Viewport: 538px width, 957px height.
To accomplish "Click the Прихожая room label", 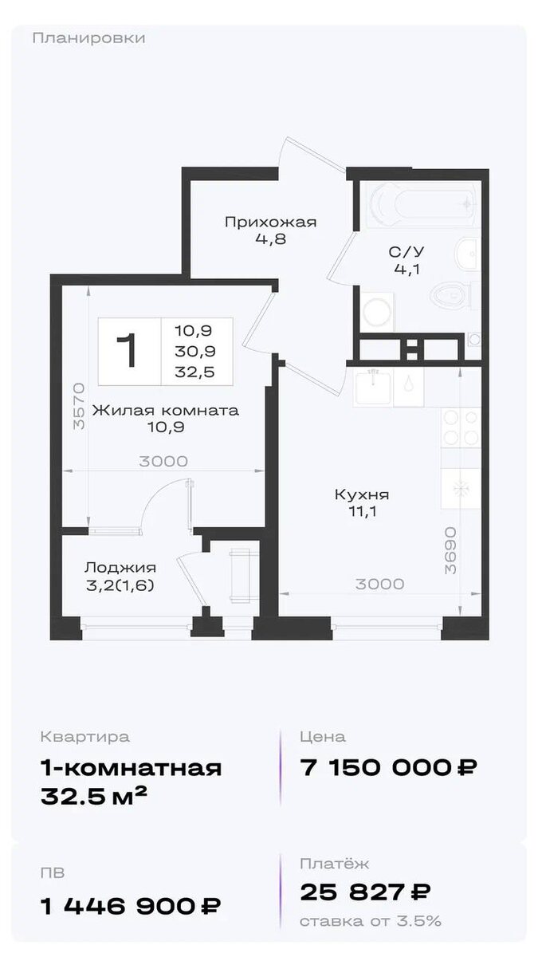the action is [x=271, y=223].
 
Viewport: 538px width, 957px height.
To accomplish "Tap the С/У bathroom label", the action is [x=406, y=252].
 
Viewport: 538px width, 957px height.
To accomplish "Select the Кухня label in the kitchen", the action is [x=362, y=494].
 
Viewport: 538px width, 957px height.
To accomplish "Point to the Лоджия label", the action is [x=120, y=567].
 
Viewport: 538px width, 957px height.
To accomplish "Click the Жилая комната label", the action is [x=166, y=411].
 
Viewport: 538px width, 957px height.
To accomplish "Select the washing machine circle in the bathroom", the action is [x=376, y=311].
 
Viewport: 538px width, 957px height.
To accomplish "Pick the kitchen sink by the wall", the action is [x=372, y=387].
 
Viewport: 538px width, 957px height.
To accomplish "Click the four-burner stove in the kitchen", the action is [x=461, y=427].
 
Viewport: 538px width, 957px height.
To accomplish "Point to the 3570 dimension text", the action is [x=80, y=406].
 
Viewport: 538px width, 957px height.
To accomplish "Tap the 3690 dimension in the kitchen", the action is [x=450, y=551].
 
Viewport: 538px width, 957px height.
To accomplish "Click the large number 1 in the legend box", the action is [x=128, y=350].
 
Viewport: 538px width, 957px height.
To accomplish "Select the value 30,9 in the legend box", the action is [x=194, y=351].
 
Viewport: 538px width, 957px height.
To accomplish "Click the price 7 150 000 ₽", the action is [x=389, y=768].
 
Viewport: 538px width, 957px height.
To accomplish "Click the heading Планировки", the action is [x=88, y=38].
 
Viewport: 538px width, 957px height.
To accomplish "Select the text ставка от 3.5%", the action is [x=371, y=921].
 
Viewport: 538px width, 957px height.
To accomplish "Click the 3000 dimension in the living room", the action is [x=163, y=462].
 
